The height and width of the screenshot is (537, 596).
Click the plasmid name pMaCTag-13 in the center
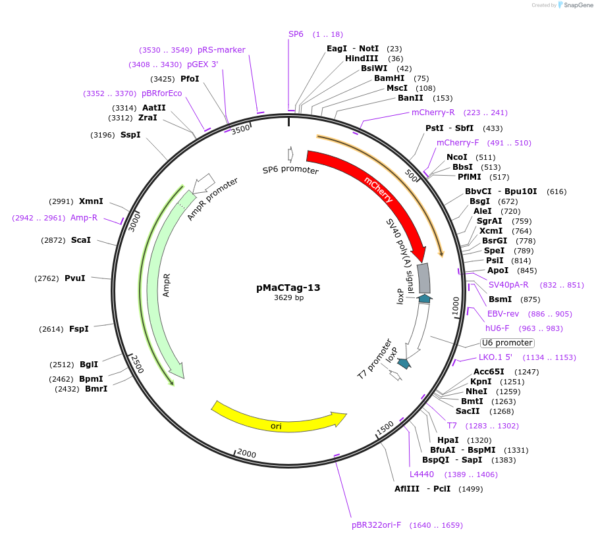[288, 288]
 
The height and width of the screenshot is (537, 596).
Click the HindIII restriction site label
[362, 59]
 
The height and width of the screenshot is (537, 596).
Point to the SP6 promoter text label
[290, 170]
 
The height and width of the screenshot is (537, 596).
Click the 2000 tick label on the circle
[246, 453]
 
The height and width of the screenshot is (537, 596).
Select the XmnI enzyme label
[91, 201]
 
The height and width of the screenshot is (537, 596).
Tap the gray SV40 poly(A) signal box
[424, 278]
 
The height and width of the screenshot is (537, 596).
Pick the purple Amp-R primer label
[84, 218]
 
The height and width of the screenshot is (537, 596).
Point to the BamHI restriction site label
[389, 78]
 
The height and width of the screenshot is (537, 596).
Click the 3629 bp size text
[288, 298]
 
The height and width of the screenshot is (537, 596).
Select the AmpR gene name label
[167, 285]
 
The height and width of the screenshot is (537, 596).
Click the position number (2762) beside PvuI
[47, 278]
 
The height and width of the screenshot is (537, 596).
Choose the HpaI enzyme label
[448, 440]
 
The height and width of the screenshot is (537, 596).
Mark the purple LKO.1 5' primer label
[495, 357]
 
